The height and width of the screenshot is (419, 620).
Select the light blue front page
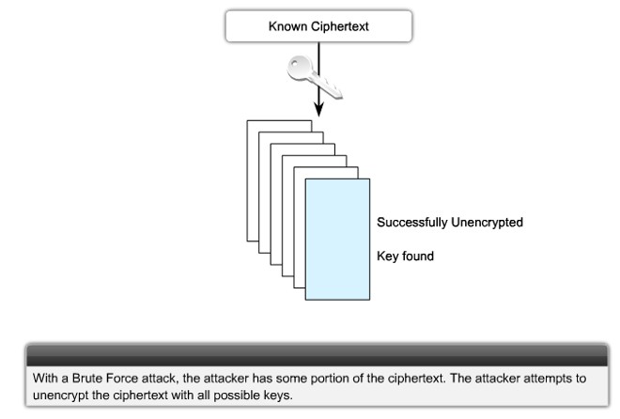[335, 236]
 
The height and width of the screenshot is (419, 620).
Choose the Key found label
[405, 255]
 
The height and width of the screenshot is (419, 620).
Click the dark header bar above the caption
[309, 354]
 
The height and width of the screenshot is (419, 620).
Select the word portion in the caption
[349, 378]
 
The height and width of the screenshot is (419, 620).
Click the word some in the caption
[310, 378]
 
